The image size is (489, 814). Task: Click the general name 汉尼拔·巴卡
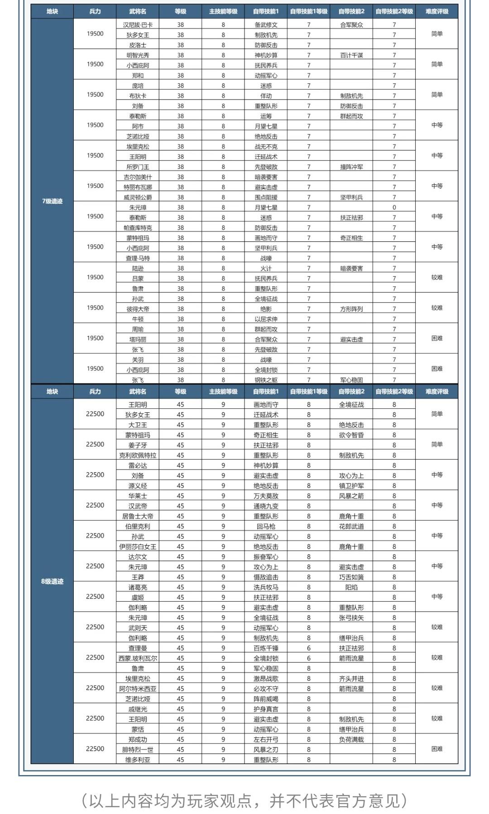[x=138, y=25]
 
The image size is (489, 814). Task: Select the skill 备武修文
[x=266, y=25]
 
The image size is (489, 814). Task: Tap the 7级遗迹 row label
[x=52, y=201]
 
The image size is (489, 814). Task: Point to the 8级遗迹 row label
[x=52, y=581]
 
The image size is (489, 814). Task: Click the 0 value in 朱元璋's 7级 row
[x=394, y=207]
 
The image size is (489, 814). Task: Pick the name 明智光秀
[x=138, y=55]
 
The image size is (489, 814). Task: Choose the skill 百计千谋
[x=351, y=55]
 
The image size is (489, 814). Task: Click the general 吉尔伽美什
[x=138, y=177]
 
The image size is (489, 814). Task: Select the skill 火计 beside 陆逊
[x=266, y=268]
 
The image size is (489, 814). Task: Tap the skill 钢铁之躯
[x=266, y=380]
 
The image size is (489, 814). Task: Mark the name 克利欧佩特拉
[x=138, y=455]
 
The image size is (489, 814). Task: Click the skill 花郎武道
[x=351, y=527]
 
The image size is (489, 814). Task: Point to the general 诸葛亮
[x=138, y=587]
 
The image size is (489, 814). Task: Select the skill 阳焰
[x=351, y=587]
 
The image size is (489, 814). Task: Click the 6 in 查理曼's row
[x=309, y=648]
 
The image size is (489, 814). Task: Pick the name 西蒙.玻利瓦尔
[x=138, y=658]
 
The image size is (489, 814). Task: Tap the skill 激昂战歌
[x=266, y=679]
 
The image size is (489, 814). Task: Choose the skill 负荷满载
[x=351, y=739]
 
